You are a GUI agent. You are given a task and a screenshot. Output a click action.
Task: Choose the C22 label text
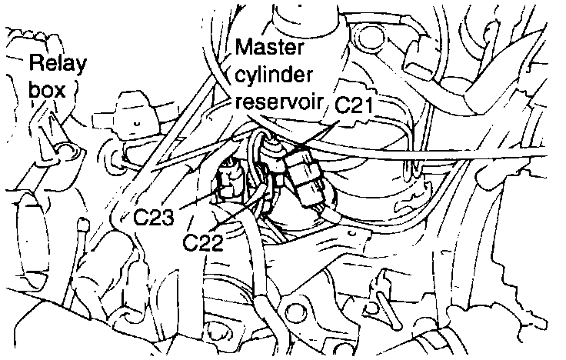(x=203, y=243)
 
